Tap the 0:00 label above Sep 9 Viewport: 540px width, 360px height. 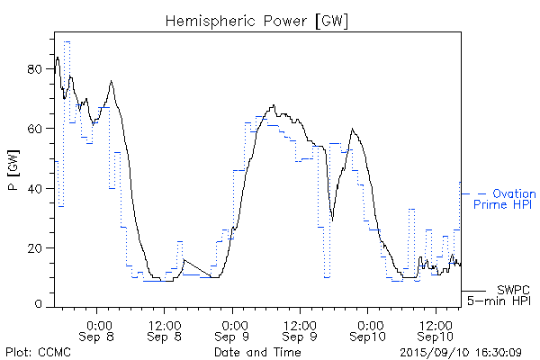pyautogui.click(x=233, y=323)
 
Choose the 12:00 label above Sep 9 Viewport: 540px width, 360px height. pyautogui.click(x=301, y=323)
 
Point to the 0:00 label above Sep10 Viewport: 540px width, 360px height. pyautogui.click(x=369, y=323)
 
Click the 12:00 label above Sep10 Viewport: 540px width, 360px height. pyautogui.click(x=436, y=323)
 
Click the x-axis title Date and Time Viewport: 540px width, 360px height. pyautogui.click(x=257, y=353)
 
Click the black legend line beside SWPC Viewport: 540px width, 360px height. pyautogui.click(x=475, y=290)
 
